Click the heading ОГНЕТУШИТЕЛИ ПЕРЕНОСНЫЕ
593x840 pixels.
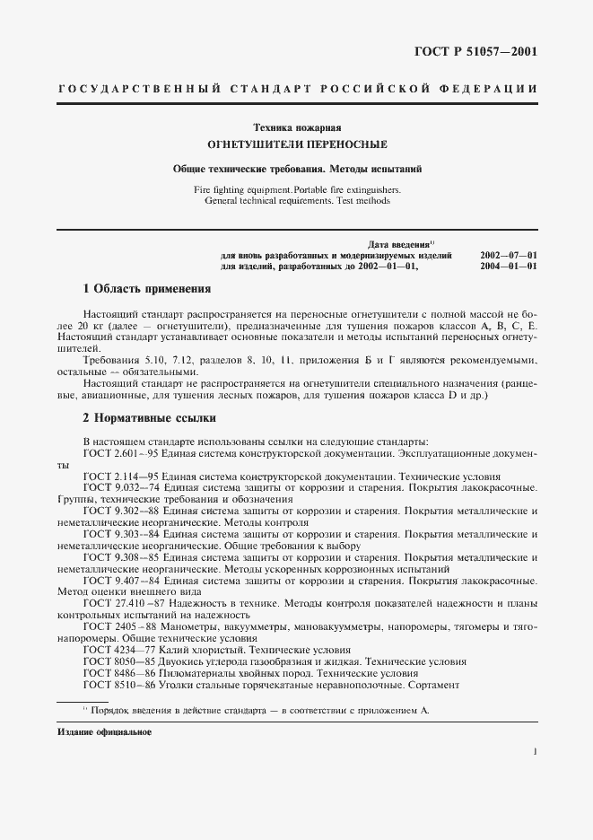(x=297, y=144)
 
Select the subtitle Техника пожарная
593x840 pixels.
(x=297, y=127)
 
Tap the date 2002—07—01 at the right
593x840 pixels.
(x=509, y=256)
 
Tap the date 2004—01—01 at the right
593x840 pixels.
(x=509, y=267)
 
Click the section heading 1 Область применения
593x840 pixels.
(x=146, y=290)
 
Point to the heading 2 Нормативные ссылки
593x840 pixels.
(x=149, y=418)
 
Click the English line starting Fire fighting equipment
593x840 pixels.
(x=297, y=190)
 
